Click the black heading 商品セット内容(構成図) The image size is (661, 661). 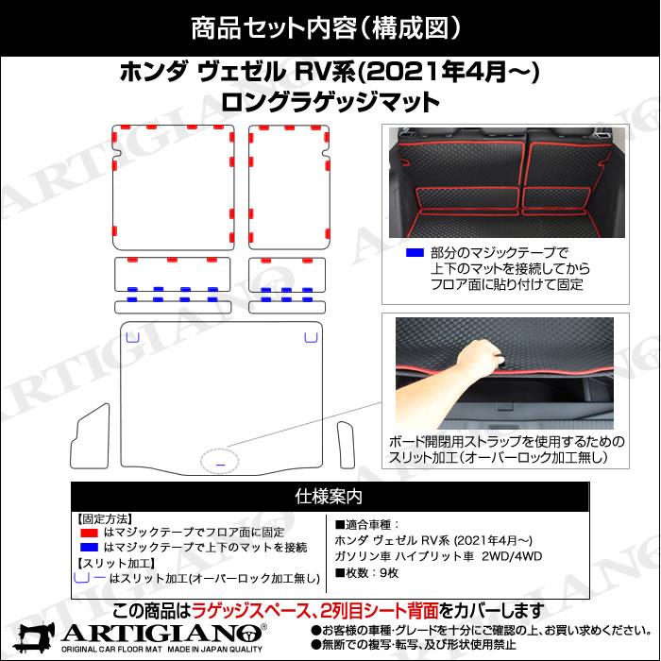coord(326,27)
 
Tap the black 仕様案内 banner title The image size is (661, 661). coord(329,497)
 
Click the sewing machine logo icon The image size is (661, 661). coord(34,636)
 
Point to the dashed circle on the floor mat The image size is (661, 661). coord(220,461)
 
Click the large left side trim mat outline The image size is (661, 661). coord(90,436)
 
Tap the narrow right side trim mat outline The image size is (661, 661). coord(346,445)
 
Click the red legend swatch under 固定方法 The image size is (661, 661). coord(89,533)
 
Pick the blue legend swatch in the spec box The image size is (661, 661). coord(89,547)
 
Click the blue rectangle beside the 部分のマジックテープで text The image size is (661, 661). coord(415,252)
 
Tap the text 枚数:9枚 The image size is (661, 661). coord(366,573)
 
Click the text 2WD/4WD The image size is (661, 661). coord(512,556)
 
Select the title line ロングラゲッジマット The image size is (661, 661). coord(330,102)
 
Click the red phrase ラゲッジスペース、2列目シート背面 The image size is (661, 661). coord(315,611)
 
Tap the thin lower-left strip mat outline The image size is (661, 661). coord(173,307)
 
